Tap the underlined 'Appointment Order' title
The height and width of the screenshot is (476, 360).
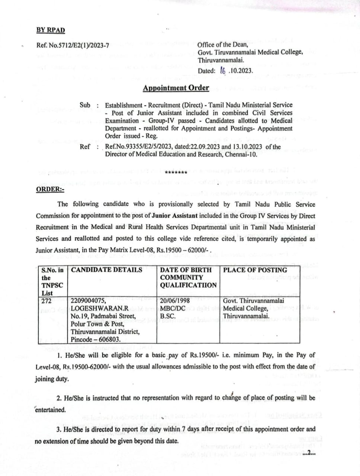coord(176,88)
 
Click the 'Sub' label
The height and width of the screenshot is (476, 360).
coord(85,105)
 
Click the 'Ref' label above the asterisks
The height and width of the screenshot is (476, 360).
coord(84,147)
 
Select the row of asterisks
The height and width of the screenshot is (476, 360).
coord(176,173)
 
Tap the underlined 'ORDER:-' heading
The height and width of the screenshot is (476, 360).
coord(50,189)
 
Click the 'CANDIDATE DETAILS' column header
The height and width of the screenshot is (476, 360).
coord(106,270)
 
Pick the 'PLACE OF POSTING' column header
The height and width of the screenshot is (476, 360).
coord(255,270)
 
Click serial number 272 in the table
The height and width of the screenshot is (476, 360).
coord(47,301)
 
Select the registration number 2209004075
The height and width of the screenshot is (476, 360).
coord(88,301)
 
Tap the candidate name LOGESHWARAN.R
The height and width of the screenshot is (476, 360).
coord(100,308)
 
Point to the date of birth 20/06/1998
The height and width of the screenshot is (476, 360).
coord(175,301)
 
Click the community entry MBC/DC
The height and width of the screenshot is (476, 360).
coord(173,308)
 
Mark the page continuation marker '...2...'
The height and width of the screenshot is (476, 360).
coord(309,453)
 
